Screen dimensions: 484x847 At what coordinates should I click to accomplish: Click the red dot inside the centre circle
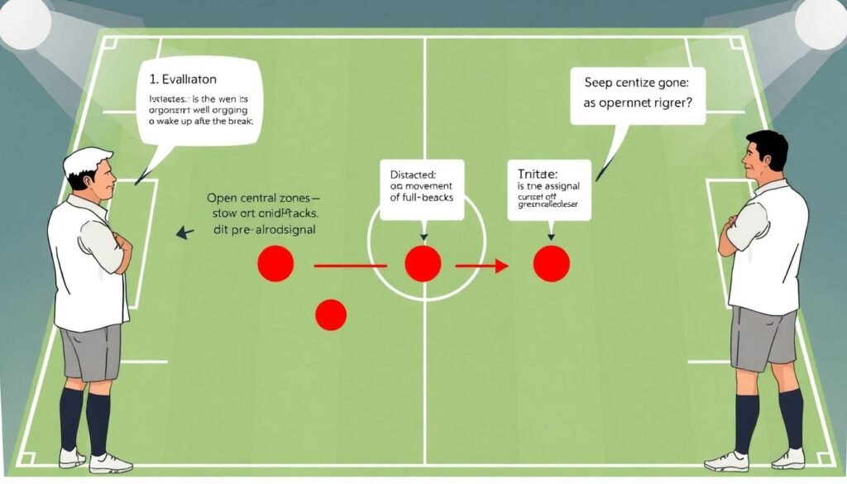423,264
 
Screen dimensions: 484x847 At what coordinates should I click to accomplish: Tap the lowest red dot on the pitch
331,314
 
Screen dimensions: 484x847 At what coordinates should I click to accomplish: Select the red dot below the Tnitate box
552,264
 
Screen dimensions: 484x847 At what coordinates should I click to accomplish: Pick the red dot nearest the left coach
275,264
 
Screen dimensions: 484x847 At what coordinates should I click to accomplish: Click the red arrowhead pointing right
500,266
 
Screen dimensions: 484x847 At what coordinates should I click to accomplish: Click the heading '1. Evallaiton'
184,79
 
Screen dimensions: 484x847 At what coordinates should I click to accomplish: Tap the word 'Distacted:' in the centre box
414,175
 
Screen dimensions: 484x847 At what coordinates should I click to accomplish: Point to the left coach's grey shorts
90,352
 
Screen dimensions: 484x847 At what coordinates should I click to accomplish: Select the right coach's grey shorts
763,338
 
